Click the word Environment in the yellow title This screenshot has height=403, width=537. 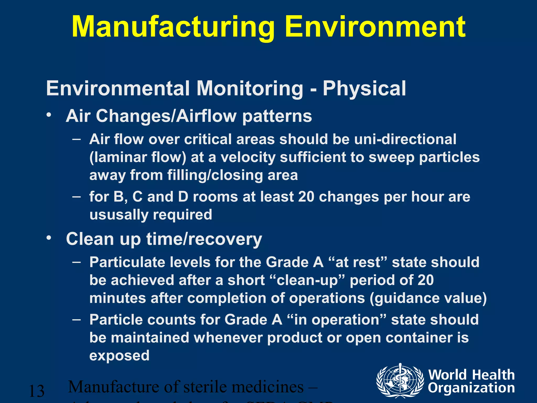375,27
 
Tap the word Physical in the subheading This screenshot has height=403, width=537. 364,89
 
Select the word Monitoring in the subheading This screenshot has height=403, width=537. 250,89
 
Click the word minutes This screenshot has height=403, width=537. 117,298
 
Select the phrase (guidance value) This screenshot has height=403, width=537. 428,298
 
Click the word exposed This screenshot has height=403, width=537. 119,356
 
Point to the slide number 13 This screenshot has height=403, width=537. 36,391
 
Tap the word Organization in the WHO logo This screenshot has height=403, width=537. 471,388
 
